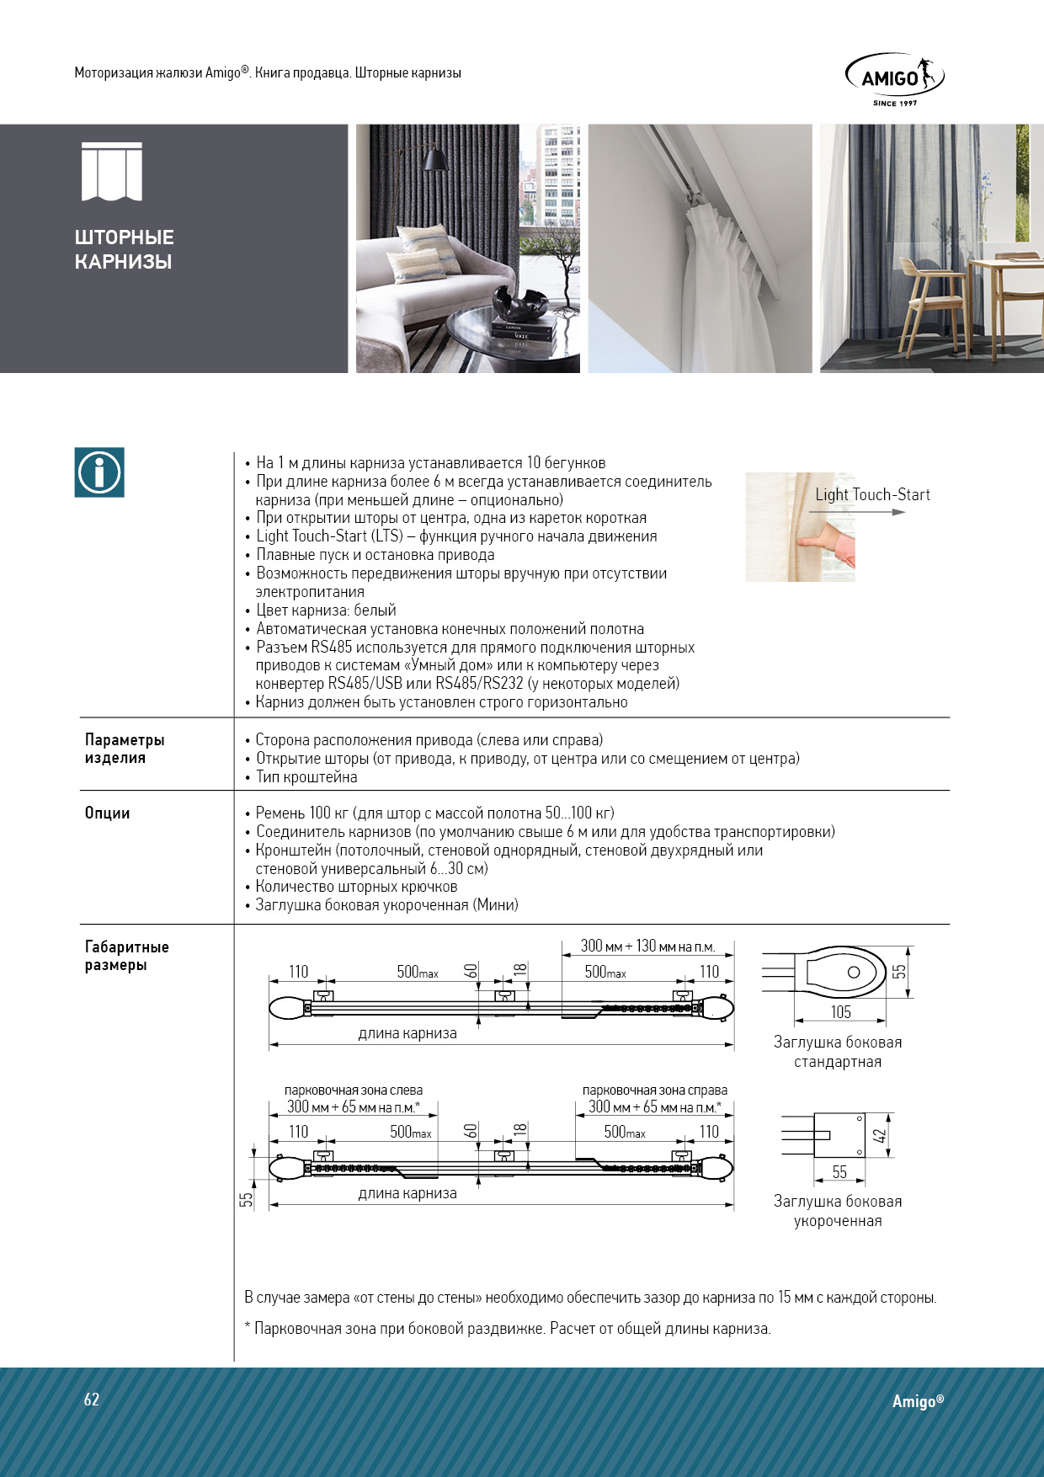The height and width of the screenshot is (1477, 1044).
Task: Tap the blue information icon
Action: [x=99, y=472]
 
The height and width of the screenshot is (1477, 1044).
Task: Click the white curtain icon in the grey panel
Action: [x=112, y=173]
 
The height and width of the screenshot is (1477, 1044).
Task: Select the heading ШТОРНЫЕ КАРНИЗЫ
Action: [x=125, y=249]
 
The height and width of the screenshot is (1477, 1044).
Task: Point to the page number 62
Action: [x=92, y=1400]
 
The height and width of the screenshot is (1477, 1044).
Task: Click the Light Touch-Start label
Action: [x=872, y=495]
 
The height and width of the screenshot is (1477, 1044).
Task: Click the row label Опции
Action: [x=107, y=813]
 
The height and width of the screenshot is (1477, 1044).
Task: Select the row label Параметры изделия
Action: [x=125, y=749]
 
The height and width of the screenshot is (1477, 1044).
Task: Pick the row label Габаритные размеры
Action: [x=126, y=956]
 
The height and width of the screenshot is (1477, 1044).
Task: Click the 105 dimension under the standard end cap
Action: [x=841, y=1012]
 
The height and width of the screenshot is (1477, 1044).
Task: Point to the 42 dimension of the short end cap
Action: [x=880, y=1135]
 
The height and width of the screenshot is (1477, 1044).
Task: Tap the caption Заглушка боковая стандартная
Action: [x=838, y=1052]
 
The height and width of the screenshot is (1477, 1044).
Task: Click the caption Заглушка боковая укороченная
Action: [x=838, y=1211]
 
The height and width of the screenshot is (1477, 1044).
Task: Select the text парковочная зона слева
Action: [x=354, y=1090]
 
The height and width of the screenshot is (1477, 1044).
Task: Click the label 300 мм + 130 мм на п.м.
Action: [x=647, y=946]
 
